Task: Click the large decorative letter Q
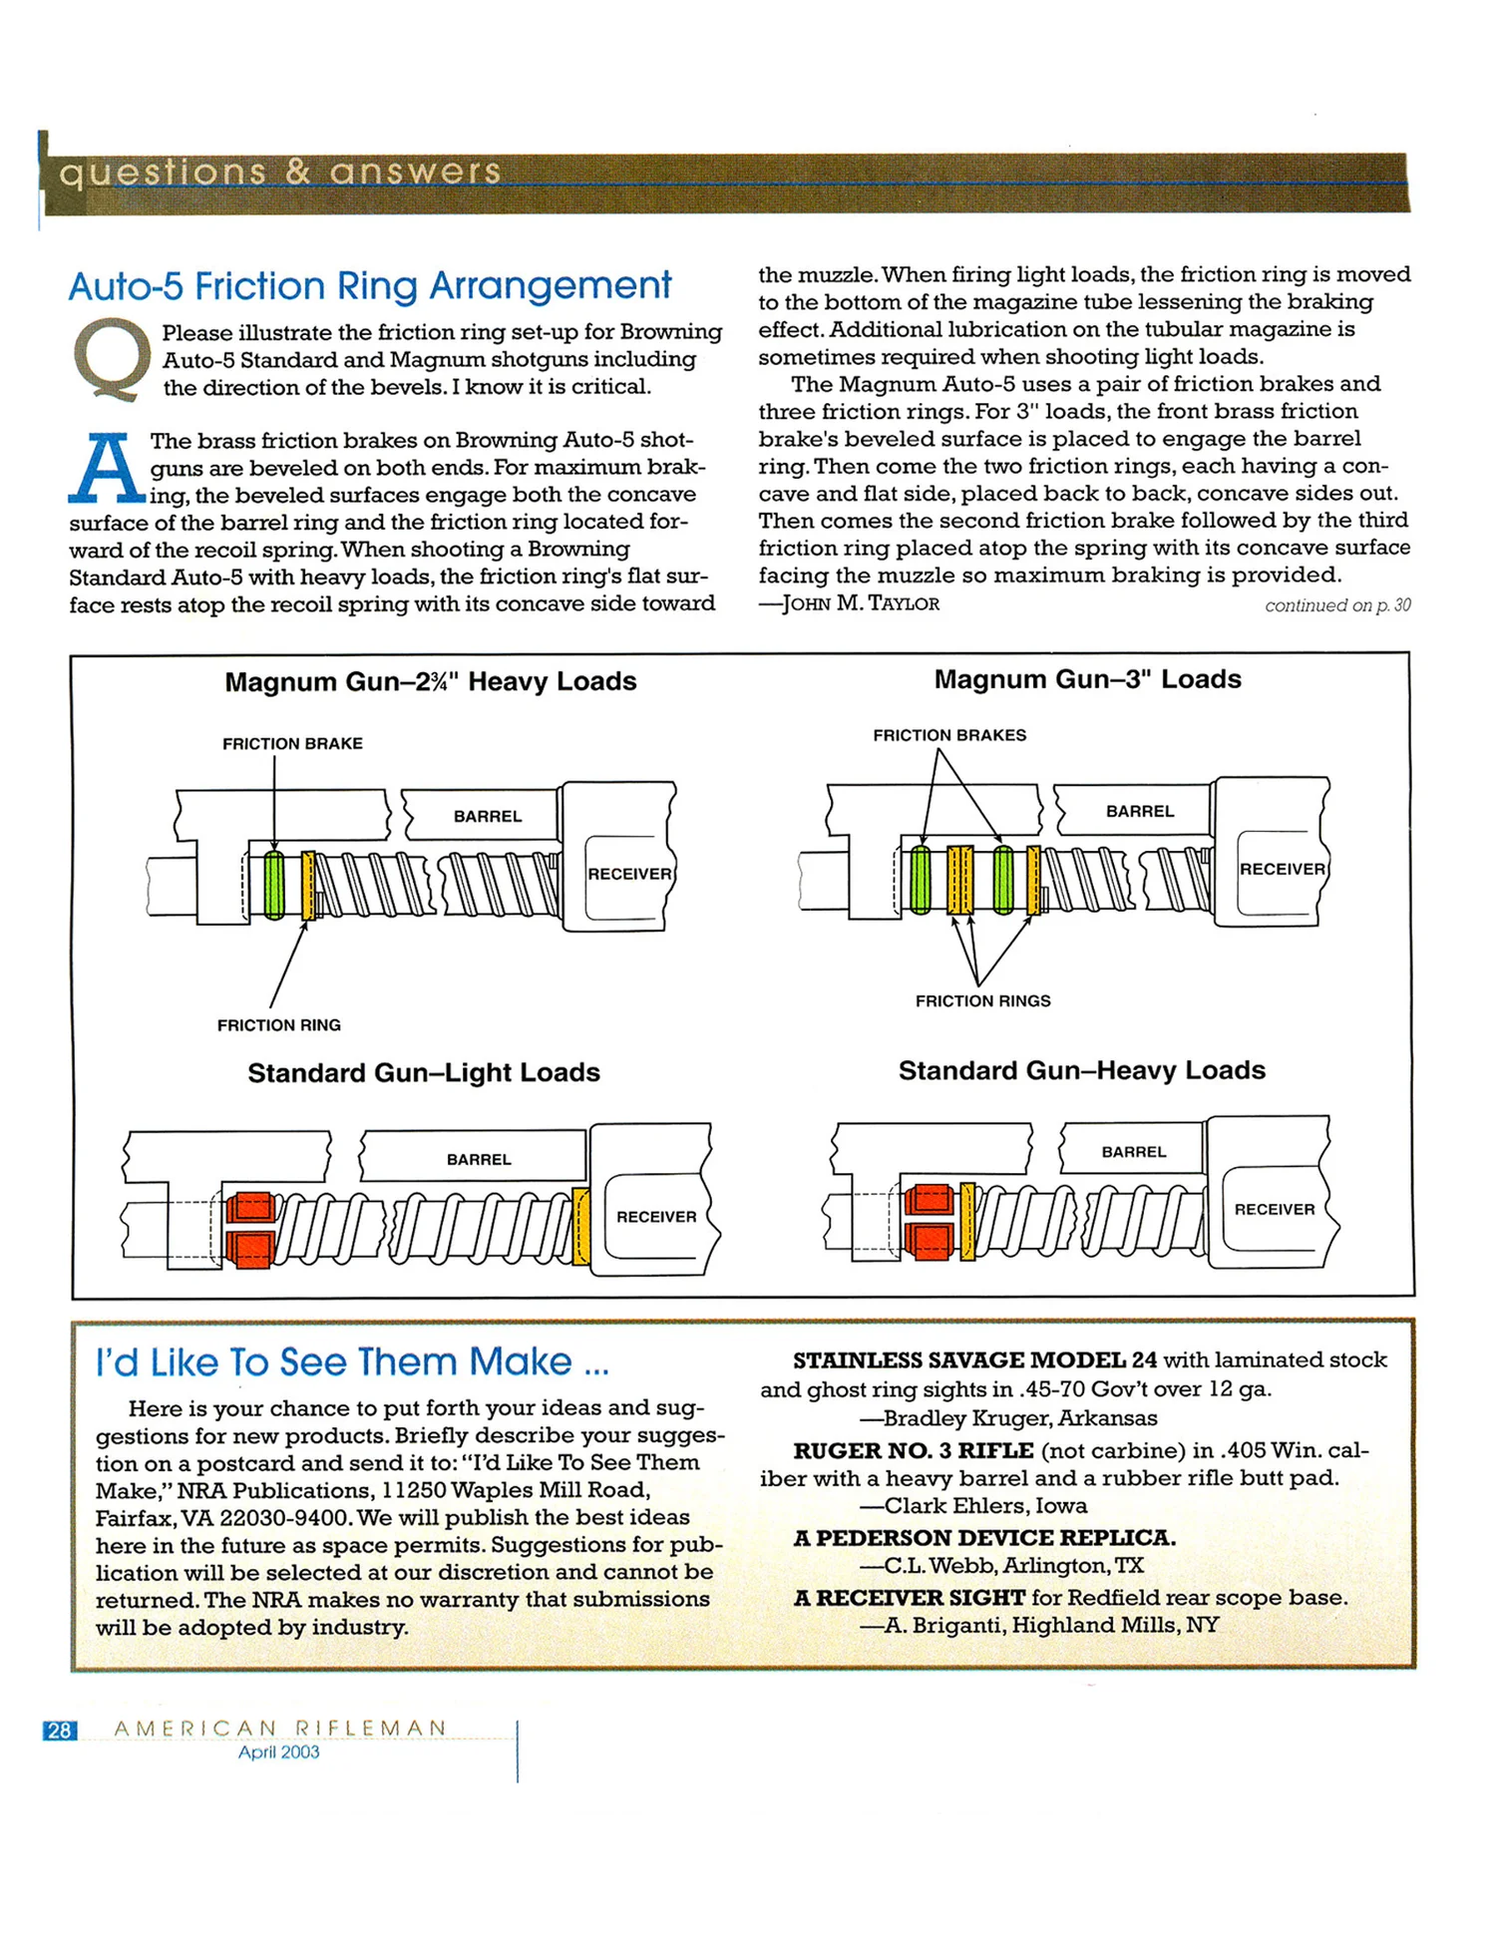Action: [111, 358]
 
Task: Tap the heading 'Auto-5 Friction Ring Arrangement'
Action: [370, 286]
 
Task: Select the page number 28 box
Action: [60, 1731]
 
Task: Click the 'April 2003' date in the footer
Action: [278, 1752]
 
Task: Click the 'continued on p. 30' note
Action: [1336, 605]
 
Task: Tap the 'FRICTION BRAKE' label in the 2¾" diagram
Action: [292, 744]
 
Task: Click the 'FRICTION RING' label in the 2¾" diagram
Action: [279, 1025]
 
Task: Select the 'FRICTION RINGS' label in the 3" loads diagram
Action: [982, 1001]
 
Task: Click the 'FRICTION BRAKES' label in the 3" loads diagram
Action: [949, 735]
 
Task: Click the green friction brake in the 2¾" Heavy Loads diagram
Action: [274, 884]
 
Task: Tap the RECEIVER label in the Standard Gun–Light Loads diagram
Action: [656, 1217]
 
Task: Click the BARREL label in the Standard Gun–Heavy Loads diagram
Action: [1133, 1152]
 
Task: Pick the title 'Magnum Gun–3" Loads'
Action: [1087, 679]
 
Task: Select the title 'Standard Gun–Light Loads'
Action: [424, 1073]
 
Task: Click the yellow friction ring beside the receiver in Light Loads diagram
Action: [580, 1227]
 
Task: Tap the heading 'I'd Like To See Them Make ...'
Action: [352, 1362]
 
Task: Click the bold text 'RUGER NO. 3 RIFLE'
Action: [913, 1450]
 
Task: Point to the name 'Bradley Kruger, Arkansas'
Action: [1020, 1418]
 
